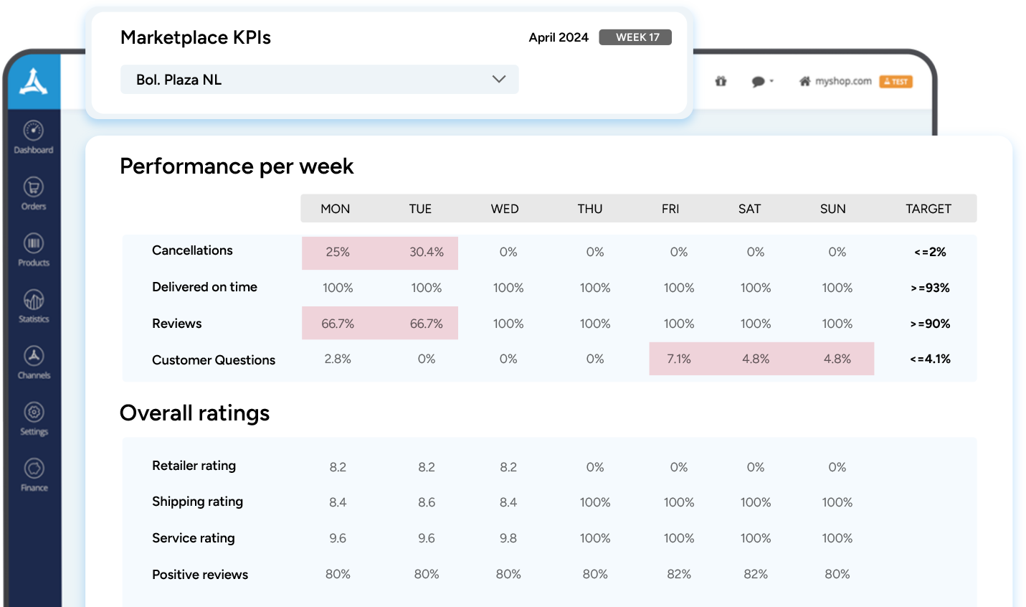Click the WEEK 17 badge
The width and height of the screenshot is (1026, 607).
pyautogui.click(x=635, y=37)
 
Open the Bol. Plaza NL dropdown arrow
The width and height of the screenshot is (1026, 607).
pyautogui.click(x=499, y=79)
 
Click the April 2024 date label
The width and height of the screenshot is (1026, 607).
pyautogui.click(x=559, y=37)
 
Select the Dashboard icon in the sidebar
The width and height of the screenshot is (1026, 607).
pyautogui.click(x=34, y=131)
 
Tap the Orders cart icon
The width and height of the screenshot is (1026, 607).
pyautogui.click(x=34, y=187)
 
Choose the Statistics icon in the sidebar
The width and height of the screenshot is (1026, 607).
pyautogui.click(x=34, y=299)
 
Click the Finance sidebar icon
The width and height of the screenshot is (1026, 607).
pyautogui.click(x=34, y=469)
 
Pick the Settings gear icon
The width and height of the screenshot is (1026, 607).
pyautogui.click(x=34, y=412)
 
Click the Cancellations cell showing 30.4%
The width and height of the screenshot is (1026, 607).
pyautogui.click(x=427, y=253)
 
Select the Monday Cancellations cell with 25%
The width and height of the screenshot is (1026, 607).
pyautogui.click(x=338, y=253)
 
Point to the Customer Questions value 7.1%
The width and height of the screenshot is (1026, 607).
pyautogui.click(x=679, y=359)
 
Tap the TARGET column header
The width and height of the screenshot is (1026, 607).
pyautogui.click(x=928, y=209)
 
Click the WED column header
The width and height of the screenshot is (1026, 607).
pyautogui.click(x=505, y=209)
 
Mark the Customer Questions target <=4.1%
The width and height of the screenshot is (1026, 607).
pyautogui.click(x=930, y=359)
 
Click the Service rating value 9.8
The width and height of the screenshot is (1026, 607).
pyautogui.click(x=508, y=538)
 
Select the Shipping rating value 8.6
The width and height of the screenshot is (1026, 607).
pyautogui.click(x=427, y=502)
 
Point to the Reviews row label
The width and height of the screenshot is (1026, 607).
pyautogui.click(x=177, y=324)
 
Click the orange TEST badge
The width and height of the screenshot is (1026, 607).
pyautogui.click(x=896, y=82)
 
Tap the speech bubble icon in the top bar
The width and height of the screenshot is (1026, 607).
pyautogui.click(x=759, y=82)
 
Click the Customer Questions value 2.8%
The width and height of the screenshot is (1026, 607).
pyautogui.click(x=338, y=359)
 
